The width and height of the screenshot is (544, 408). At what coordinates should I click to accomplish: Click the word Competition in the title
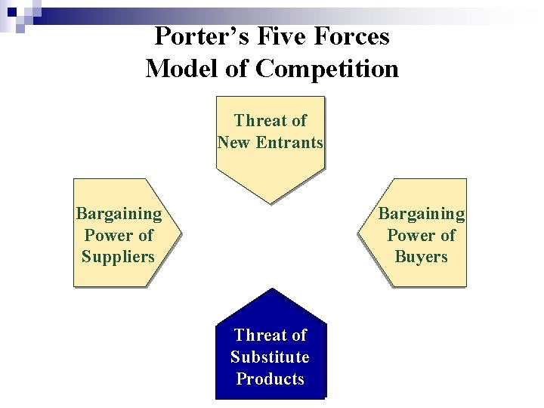[327, 69]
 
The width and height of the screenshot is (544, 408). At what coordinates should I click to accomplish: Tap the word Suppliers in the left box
[118, 256]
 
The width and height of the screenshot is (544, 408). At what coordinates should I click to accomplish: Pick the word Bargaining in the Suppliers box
[119, 214]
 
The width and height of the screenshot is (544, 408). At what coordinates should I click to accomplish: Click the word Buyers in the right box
[421, 256]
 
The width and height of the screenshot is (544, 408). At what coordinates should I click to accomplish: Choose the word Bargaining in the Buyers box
[422, 214]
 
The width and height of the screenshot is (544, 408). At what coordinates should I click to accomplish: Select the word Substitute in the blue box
[270, 357]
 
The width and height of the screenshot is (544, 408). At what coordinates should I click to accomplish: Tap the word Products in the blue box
[270, 379]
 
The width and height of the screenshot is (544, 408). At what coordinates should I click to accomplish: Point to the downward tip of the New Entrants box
[270, 202]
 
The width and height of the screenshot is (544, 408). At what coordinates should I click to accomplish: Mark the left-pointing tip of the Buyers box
[357, 233]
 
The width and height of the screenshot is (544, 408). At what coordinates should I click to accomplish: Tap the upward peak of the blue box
[270, 289]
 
